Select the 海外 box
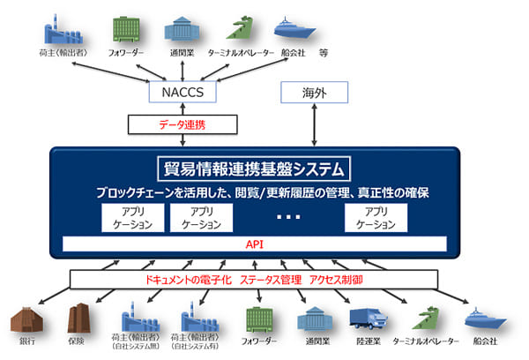314,92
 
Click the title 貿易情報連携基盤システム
257,168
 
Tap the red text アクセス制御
338,279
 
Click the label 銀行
25,341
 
